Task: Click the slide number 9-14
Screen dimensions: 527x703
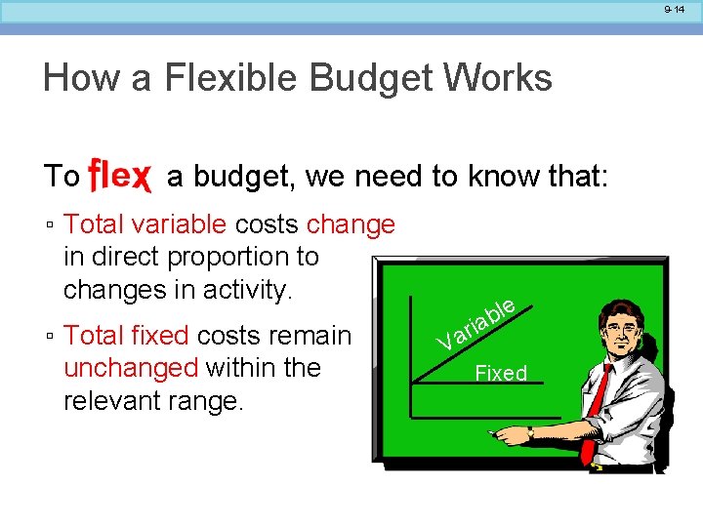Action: [675, 9]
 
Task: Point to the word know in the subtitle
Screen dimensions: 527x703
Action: [501, 177]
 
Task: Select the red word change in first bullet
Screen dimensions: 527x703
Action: [351, 224]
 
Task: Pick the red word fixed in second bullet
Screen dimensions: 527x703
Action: [162, 336]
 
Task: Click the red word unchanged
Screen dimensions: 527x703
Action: [131, 368]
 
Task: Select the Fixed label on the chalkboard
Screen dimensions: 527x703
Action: [500, 373]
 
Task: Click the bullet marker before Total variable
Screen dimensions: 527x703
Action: [49, 226]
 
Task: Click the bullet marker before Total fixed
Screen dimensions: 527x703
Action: [49, 337]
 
